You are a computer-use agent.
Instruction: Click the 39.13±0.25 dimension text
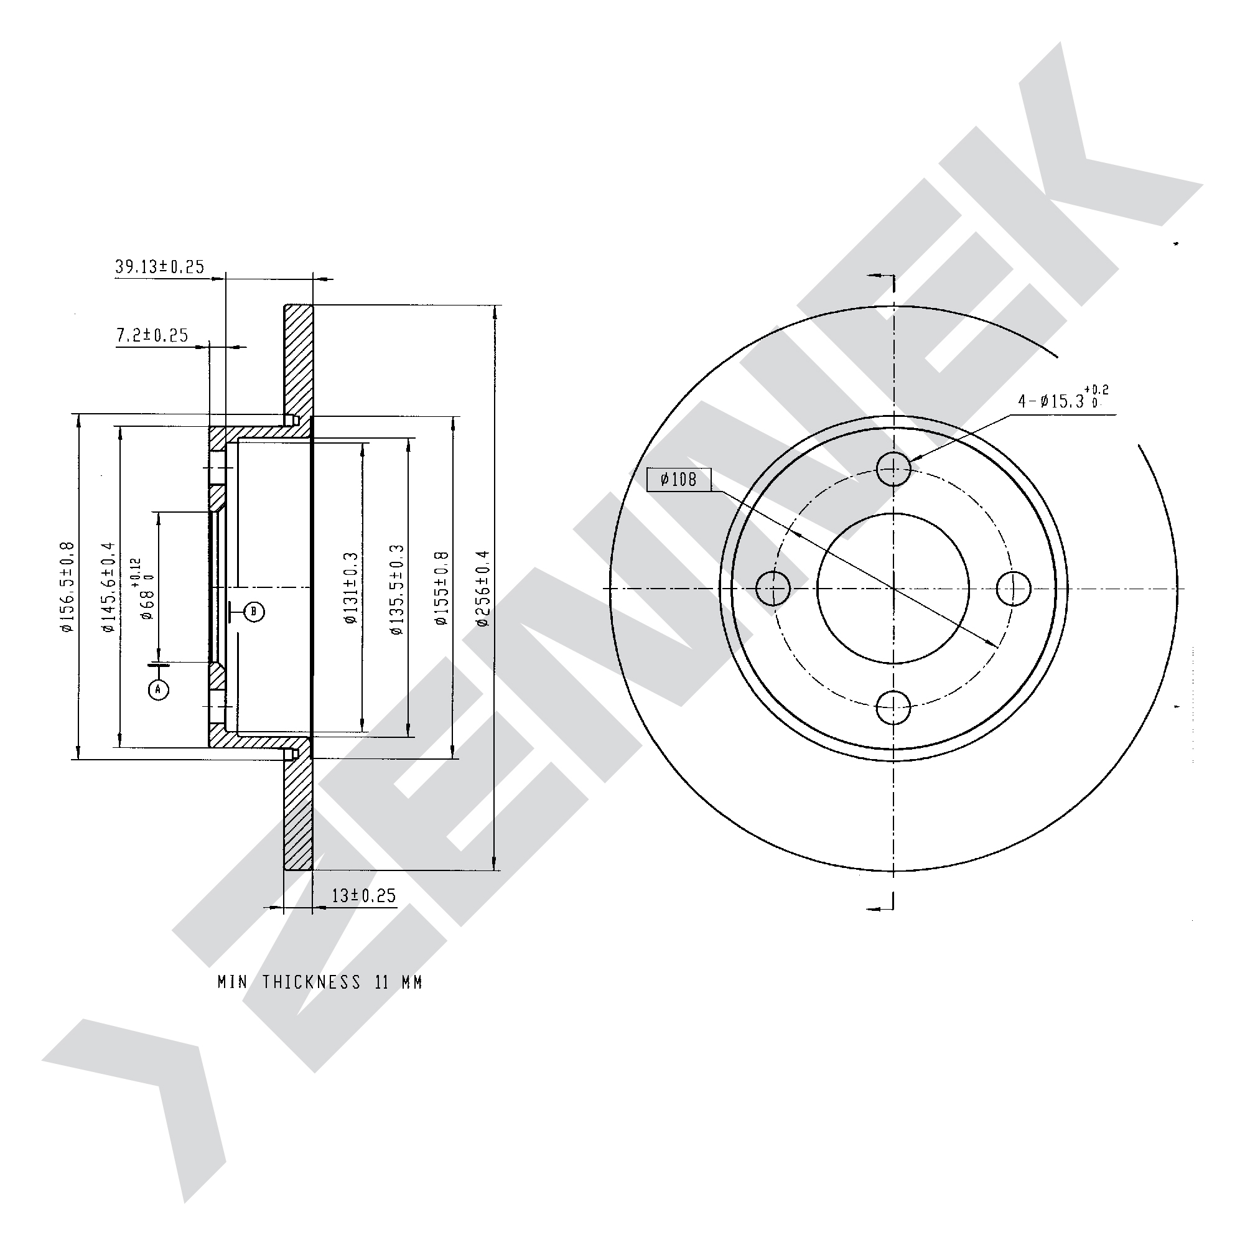(x=159, y=266)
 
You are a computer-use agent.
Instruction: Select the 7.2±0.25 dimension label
(x=152, y=335)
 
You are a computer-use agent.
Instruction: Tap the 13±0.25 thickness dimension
(x=363, y=896)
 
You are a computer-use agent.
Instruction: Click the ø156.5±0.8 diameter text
(x=68, y=587)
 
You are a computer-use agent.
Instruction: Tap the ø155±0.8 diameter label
(x=441, y=589)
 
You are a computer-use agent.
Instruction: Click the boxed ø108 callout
(x=679, y=480)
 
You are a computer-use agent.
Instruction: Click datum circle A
(x=159, y=690)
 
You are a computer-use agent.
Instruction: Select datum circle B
(x=254, y=611)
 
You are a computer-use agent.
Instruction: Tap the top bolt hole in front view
(x=894, y=468)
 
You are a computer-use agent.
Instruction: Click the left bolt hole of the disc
(x=773, y=589)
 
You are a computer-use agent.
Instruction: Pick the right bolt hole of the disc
(x=1014, y=589)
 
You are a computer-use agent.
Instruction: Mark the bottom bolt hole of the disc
(x=894, y=707)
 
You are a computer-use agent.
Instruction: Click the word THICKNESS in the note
(x=310, y=982)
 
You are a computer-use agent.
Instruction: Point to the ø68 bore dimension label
(x=142, y=588)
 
